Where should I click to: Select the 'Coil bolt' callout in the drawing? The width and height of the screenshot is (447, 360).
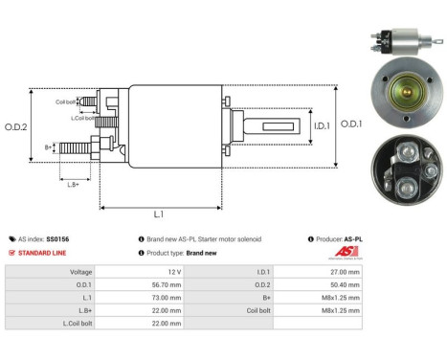point(65,101)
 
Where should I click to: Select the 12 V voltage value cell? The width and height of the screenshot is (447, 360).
point(204,271)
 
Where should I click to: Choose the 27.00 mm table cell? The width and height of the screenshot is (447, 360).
point(345,271)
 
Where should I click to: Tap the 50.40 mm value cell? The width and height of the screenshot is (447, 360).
point(345,284)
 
